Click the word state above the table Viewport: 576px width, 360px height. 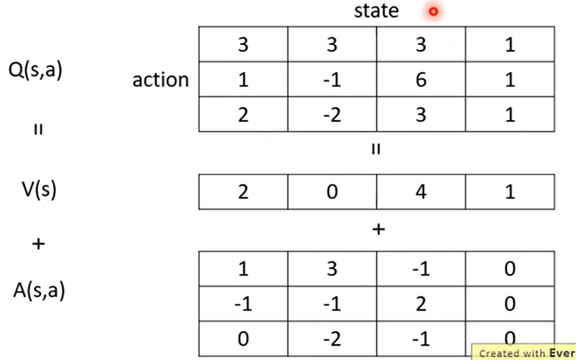pyautogui.click(x=376, y=11)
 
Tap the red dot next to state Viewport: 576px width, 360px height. pyautogui.click(x=434, y=12)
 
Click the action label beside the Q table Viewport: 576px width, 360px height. pyautogui.click(x=160, y=79)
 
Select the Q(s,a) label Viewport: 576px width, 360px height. pyautogui.click(x=35, y=69)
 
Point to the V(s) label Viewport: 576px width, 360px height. pyautogui.click(x=39, y=190)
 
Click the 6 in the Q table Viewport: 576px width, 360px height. pyautogui.click(x=421, y=79)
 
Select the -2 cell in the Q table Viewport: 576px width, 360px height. pyautogui.click(x=332, y=115)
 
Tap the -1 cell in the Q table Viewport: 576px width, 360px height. pyautogui.click(x=332, y=79)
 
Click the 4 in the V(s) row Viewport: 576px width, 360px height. pyautogui.click(x=421, y=192)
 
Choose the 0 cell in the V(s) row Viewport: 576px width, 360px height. pyautogui.click(x=332, y=192)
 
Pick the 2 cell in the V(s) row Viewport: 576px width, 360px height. pyautogui.click(x=243, y=192)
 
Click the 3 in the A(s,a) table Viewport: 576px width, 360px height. pyautogui.click(x=332, y=268)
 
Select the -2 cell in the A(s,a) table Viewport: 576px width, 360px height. pyautogui.click(x=332, y=339)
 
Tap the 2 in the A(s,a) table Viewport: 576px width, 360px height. pyautogui.click(x=421, y=304)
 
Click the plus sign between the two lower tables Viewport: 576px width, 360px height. pyautogui.click(x=378, y=229)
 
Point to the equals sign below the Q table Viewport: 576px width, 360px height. pyautogui.click(x=376, y=149)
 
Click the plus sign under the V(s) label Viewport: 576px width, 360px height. pyautogui.click(x=39, y=243)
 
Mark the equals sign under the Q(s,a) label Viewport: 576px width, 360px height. pyautogui.click(x=38, y=129)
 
